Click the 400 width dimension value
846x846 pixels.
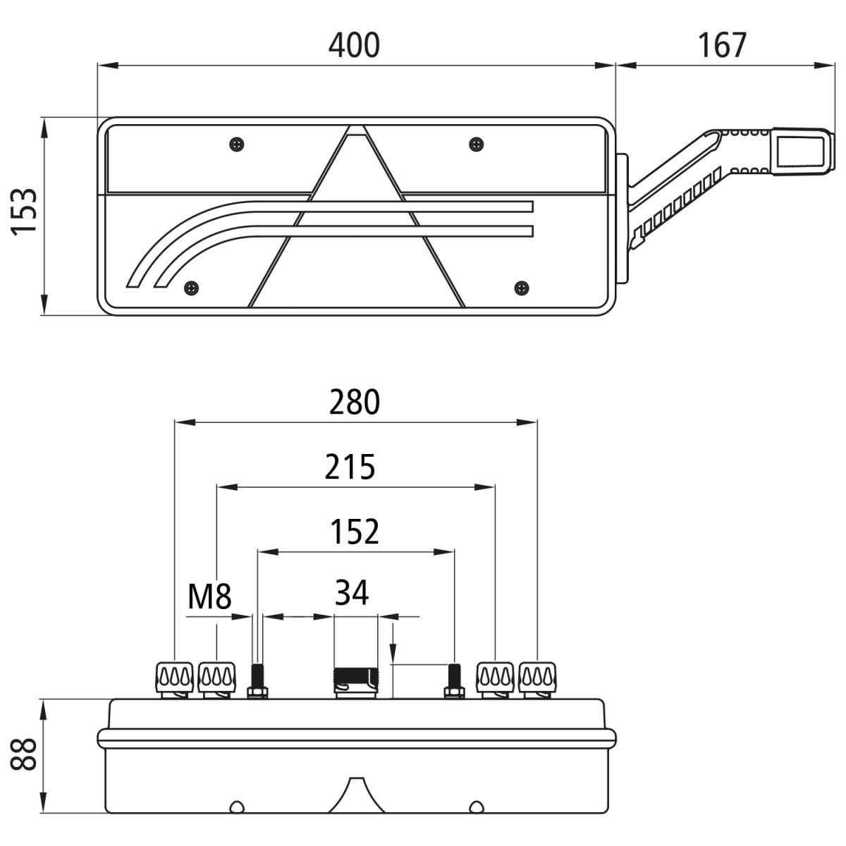[354, 45]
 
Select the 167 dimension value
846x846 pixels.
[722, 45]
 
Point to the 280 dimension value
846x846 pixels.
[354, 403]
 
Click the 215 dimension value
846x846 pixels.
[350, 467]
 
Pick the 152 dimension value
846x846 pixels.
[355, 532]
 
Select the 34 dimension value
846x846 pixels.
[352, 593]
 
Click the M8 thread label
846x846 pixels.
[209, 598]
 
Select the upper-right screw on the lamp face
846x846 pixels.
[477, 145]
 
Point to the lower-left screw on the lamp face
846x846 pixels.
[191, 288]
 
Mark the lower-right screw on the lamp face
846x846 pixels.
[522, 288]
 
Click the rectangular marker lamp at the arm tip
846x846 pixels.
[802, 151]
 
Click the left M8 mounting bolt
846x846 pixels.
[257, 681]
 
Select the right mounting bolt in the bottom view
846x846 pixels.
[454, 681]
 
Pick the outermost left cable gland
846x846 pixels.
[174, 679]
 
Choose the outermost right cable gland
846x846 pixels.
[537, 679]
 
